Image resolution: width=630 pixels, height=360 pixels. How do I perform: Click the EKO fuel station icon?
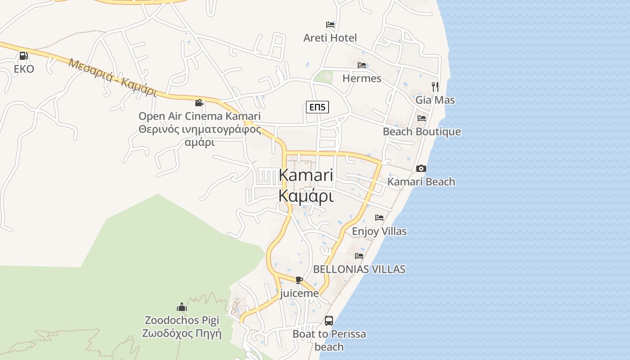tap(23, 56)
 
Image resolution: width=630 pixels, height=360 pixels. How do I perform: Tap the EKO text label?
tap(24, 69)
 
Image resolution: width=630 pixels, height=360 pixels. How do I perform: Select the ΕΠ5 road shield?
tap(317, 107)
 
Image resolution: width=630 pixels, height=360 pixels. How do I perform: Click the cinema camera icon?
tap(199, 103)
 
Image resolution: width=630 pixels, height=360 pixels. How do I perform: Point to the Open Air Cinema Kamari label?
tap(199, 116)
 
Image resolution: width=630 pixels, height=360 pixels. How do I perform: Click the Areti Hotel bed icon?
tap(330, 25)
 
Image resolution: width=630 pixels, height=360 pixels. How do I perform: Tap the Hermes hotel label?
tap(361, 78)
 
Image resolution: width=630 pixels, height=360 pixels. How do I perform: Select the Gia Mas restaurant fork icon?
tap(435, 86)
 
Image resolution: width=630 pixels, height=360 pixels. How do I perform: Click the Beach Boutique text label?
tap(422, 131)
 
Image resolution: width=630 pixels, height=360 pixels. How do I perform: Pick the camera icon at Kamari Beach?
tap(421, 168)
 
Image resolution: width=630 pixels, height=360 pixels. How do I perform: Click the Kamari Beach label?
tap(421, 182)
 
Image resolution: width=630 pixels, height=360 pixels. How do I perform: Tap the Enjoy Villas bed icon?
tap(379, 218)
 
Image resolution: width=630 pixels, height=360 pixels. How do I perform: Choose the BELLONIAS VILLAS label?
tap(359, 269)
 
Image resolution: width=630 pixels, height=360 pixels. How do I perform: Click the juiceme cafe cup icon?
tap(299, 280)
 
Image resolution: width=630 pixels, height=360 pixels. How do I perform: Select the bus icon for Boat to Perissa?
tap(329, 321)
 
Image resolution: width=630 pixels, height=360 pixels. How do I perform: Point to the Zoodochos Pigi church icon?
tap(182, 307)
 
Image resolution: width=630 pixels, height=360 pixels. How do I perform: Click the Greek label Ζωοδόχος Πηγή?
tap(182, 334)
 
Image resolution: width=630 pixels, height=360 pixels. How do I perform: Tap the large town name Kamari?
tap(306, 175)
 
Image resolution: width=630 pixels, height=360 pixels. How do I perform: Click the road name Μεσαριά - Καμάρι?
tap(112, 77)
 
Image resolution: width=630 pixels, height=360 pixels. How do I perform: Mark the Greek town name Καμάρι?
tap(306, 196)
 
